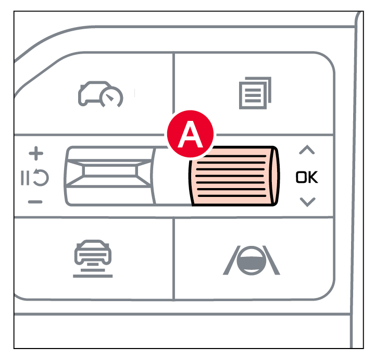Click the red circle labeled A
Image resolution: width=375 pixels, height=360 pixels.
pos(190,134)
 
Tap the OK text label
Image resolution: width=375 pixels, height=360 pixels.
pos(307,177)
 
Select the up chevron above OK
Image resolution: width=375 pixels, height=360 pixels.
pos(307,150)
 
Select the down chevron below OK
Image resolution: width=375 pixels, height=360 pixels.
pos(308,202)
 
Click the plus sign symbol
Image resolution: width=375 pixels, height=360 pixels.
pos(36,153)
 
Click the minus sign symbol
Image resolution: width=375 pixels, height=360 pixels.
pos(35,202)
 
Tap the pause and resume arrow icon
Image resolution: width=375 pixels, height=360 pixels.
pos(35,178)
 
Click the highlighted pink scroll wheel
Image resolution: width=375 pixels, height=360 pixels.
pos(234,176)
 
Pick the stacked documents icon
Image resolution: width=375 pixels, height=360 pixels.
pos(255,93)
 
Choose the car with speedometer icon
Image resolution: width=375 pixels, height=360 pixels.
pos(101,94)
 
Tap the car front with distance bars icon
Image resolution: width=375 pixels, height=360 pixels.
pos(93,258)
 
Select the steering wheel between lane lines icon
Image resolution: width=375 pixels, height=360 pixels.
pos(252,260)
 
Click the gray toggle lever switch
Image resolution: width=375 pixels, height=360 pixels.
pos(110,176)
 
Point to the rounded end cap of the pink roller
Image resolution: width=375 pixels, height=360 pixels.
pos(274,176)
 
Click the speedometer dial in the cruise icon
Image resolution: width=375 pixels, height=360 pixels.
pos(111,97)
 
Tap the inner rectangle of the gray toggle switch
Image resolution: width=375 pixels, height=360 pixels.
pos(110,171)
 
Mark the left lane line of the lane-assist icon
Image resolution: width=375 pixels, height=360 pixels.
pos(231,260)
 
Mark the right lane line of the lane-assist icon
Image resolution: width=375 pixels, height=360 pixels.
pos(271,260)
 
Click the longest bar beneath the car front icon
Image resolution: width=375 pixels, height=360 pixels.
pos(93,276)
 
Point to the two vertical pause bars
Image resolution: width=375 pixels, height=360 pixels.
pos(25,178)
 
